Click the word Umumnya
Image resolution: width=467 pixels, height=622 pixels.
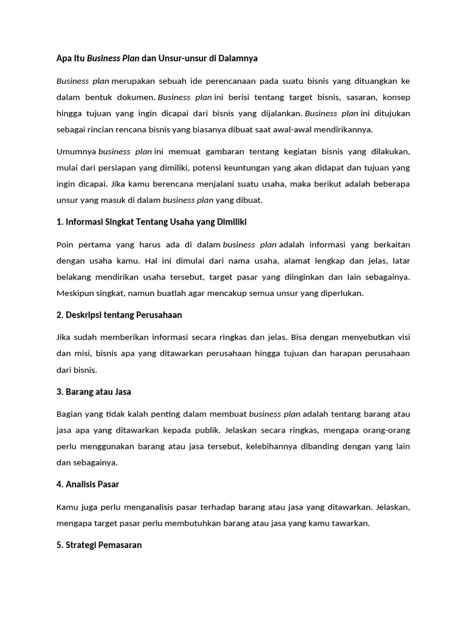pos(76,151)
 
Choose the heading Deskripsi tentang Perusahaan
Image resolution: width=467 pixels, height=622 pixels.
pos(119,315)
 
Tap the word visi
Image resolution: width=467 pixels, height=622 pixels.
pos(403,337)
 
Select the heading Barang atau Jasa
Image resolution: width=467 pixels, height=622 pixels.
pos(94,392)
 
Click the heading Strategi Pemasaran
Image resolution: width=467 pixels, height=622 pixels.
pos(99,545)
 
